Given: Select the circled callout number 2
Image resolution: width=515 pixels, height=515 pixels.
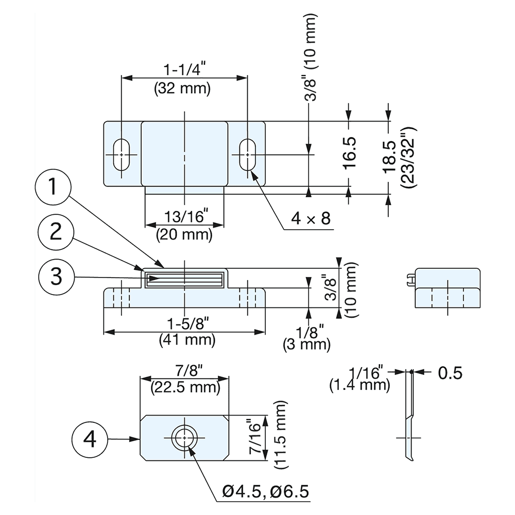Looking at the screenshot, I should pyautogui.click(x=57, y=232).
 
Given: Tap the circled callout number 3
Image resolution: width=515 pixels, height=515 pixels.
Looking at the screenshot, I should pyautogui.click(x=57, y=277).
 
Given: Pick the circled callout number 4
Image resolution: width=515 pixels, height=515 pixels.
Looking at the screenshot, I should pyautogui.click(x=90, y=439).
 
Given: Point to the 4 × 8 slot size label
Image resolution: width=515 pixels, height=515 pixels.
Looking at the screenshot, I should pyautogui.click(x=310, y=219).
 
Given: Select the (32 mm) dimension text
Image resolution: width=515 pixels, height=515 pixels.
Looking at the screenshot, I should pyautogui.click(x=182, y=88).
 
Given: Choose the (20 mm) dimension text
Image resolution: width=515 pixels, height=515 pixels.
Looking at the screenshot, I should pyautogui.click(x=184, y=235).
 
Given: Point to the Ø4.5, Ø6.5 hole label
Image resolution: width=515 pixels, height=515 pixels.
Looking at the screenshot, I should pyautogui.click(x=266, y=491).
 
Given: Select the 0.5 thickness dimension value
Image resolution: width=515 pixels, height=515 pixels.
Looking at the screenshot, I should pyautogui.click(x=450, y=372).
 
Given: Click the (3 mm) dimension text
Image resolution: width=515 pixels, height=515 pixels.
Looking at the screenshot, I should pyautogui.click(x=306, y=344).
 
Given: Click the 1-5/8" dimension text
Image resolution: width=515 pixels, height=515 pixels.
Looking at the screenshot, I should pyautogui.click(x=187, y=325).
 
